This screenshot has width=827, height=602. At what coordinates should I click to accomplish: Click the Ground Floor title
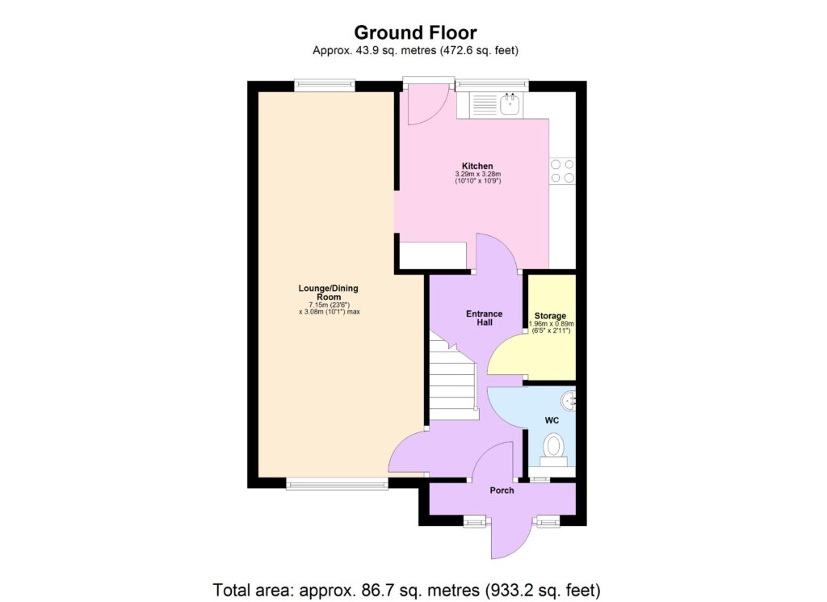pos(415,32)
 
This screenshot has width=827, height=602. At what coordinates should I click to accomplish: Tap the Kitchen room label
pos(477,166)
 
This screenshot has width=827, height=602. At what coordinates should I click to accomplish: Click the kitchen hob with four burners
pos(562,170)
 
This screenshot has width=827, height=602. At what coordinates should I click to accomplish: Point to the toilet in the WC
pos(553,447)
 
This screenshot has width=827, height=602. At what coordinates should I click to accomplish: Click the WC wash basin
pos(570,398)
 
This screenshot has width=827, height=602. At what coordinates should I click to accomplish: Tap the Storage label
pos(550,315)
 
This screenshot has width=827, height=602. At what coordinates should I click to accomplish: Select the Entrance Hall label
pos(485,318)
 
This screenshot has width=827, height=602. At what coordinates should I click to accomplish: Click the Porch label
pos(502,490)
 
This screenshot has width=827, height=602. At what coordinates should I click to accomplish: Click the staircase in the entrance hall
pos(451,380)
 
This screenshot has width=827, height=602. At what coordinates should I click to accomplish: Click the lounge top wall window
pos(324,83)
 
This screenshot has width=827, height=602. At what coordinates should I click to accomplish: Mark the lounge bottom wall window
pos(337,484)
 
